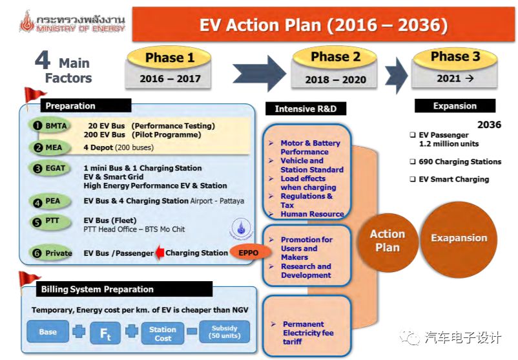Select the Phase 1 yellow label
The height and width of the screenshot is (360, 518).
pyautogui.click(x=170, y=58)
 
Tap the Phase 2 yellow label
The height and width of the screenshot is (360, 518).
pyautogui.click(x=335, y=58)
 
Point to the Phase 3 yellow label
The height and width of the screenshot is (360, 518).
pyautogui.click(x=455, y=57)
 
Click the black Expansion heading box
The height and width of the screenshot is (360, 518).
pyautogui.click(x=455, y=106)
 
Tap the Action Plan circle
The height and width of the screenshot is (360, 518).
pyautogui.click(x=388, y=240)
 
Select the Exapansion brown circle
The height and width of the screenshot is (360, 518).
pyautogui.click(x=459, y=238)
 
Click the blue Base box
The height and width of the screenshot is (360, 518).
pyautogui.click(x=48, y=332)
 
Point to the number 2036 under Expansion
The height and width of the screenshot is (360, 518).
pyautogui.click(x=489, y=125)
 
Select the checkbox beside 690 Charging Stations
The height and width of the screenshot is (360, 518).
pyautogui.click(x=412, y=162)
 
